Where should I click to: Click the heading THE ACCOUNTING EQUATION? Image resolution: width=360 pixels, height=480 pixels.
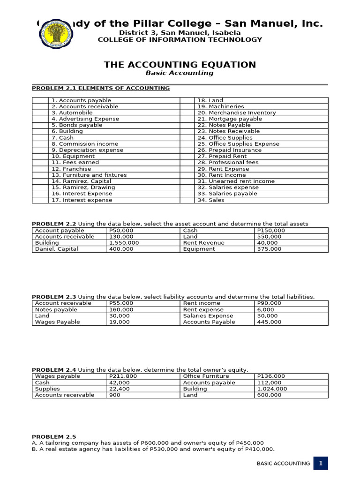pos(180,65)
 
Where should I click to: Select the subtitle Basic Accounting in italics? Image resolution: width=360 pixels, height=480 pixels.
pos(180,73)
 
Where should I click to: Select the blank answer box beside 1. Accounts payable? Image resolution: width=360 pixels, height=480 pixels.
pos(40,100)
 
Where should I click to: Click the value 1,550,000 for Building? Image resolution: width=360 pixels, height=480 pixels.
pos(124,243)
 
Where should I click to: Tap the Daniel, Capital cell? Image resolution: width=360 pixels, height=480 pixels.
pos(56,249)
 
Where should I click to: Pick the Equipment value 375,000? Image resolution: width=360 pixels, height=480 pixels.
pos(270,249)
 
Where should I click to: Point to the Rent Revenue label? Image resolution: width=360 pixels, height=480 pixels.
pos(204,243)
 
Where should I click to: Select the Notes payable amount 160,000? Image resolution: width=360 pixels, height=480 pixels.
pos(121,310)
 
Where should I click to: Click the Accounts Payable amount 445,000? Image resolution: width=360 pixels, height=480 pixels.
pos(270,322)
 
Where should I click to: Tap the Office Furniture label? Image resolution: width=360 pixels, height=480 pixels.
pos(206,376)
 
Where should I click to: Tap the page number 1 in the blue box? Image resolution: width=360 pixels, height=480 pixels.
pos(321,463)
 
